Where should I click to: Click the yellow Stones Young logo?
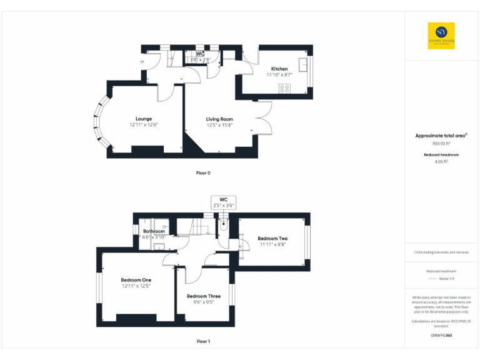(x=441, y=36)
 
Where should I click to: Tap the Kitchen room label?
(x=279, y=68)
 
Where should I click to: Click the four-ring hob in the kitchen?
(x=285, y=88)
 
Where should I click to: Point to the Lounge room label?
(x=144, y=118)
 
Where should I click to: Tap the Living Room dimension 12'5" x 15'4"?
(x=219, y=124)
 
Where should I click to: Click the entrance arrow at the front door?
(x=142, y=62)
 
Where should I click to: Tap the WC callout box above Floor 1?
(x=223, y=202)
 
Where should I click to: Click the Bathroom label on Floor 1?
(x=154, y=231)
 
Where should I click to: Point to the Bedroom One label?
(x=136, y=279)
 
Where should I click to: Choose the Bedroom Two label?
(x=272, y=238)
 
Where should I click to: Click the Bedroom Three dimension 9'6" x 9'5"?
(x=203, y=301)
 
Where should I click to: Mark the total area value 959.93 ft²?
(x=441, y=143)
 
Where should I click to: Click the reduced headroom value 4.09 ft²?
(x=441, y=161)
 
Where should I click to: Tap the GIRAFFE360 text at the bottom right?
(x=441, y=336)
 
